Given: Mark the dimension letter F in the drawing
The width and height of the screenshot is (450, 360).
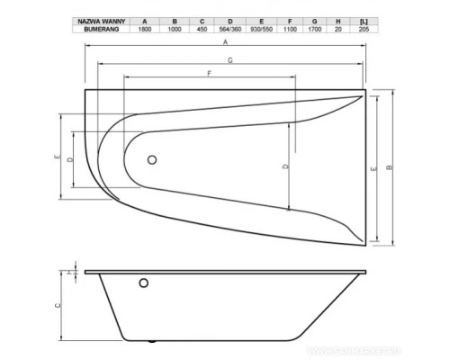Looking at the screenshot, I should click(209, 73).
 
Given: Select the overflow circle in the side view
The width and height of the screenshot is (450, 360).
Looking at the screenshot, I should click(142, 285).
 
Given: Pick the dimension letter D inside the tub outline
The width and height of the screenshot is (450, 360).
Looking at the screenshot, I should click(283, 166).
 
